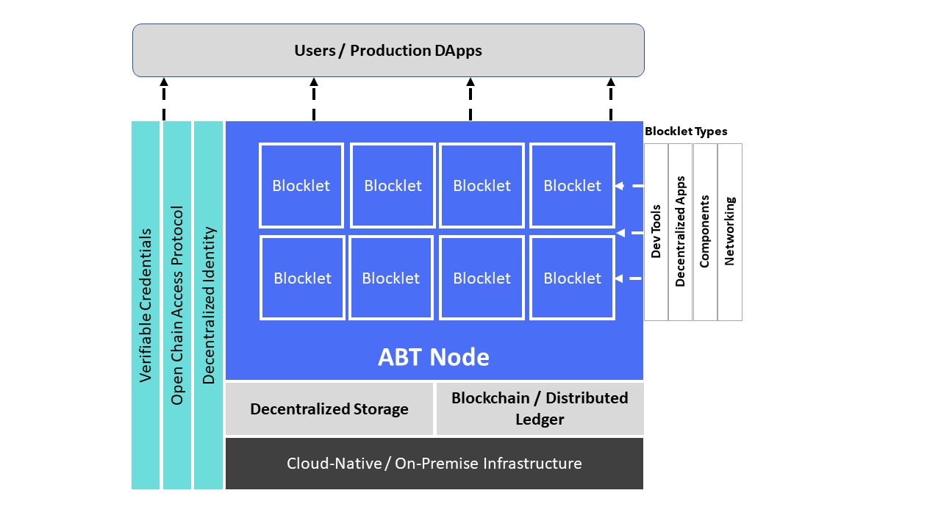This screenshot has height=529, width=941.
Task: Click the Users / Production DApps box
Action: point(388,51)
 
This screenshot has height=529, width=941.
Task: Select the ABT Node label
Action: point(434,357)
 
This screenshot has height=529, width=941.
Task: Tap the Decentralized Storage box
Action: point(329,409)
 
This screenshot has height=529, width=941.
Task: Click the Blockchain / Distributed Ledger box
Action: point(540,409)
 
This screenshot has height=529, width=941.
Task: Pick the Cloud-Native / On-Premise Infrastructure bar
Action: point(434,464)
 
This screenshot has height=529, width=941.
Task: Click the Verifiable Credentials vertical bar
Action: point(146,305)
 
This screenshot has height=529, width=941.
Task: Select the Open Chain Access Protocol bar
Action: point(177,305)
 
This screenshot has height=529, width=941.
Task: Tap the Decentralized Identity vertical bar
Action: point(208,305)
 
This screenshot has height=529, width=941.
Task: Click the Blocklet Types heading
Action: point(686,132)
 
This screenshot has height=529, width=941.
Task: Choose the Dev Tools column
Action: point(656,232)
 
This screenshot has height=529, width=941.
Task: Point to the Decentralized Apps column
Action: point(680,232)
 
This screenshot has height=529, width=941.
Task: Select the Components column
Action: point(705,232)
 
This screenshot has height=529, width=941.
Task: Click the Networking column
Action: point(730,232)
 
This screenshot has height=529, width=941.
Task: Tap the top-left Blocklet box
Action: point(301,186)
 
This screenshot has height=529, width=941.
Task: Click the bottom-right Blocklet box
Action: point(572,278)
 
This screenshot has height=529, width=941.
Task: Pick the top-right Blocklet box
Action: point(572,186)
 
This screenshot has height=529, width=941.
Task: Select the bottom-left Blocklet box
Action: point(302,278)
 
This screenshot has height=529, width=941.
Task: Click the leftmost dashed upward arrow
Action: point(164,99)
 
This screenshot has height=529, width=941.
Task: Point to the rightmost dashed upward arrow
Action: point(611,99)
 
